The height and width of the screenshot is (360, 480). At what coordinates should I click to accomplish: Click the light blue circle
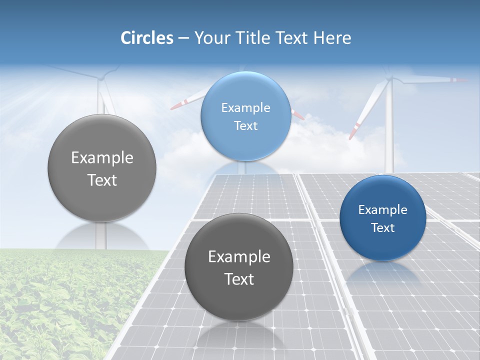pos(245,116)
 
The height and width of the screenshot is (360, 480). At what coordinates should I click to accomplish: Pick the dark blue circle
pos(382,218)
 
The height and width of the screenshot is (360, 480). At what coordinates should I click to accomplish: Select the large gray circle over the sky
pos(102,168)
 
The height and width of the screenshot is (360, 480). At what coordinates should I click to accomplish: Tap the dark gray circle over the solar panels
pos(239,267)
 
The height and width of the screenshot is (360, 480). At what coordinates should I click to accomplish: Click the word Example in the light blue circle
pos(245,107)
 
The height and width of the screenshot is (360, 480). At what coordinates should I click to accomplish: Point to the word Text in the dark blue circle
pos(383,228)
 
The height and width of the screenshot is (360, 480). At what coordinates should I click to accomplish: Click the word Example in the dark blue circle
pos(382,210)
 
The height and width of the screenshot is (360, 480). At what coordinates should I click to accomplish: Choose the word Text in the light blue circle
pos(245,125)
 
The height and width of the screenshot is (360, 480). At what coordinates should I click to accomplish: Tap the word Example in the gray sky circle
pos(102,158)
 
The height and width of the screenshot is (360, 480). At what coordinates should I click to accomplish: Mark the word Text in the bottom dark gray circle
pos(239,279)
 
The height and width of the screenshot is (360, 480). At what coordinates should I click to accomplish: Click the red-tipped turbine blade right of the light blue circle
pos(298,115)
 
